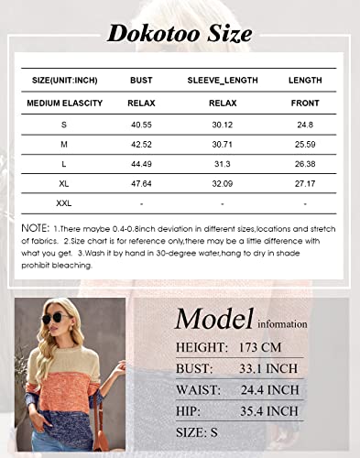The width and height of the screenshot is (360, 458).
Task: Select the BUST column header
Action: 142,81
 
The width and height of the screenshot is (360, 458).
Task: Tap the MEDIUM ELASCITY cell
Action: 64,104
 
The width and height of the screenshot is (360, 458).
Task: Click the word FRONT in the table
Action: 305,104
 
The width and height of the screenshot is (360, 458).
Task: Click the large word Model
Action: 213,319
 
